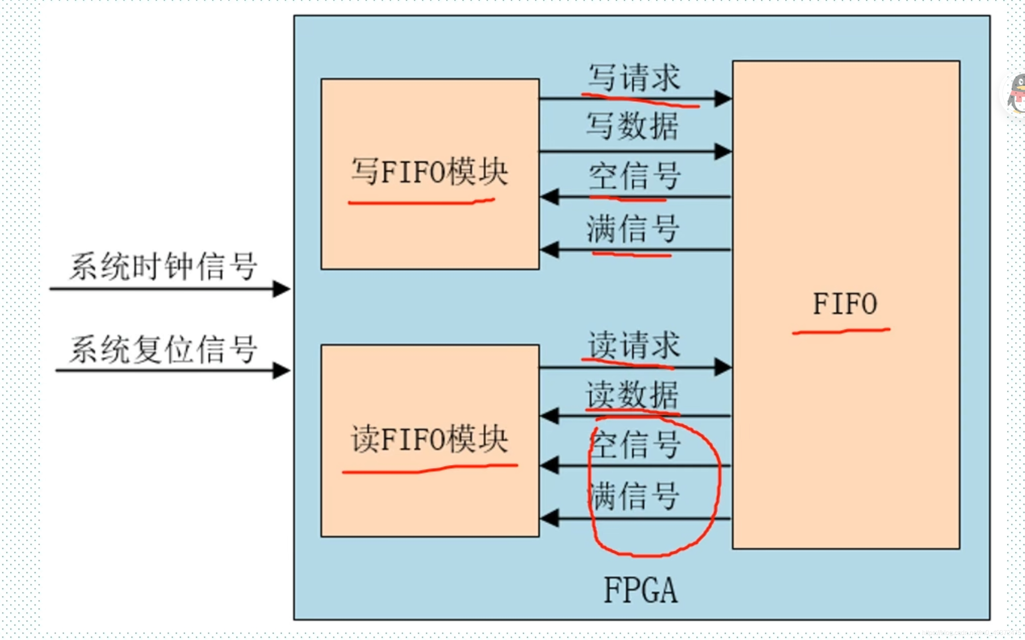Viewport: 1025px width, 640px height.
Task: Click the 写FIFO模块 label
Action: [429, 172]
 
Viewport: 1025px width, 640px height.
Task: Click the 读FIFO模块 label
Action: [429, 439]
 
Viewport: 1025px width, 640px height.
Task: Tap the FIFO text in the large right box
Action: [844, 304]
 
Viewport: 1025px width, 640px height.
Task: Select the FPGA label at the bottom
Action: [640, 590]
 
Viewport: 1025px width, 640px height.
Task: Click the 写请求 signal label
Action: [634, 78]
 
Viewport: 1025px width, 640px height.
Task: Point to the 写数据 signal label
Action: [632, 126]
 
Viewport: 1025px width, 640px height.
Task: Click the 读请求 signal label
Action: [634, 345]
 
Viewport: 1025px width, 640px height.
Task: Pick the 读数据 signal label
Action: [632, 394]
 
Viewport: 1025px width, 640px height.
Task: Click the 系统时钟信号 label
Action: [163, 266]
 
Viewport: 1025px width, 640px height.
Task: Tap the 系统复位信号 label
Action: [163, 349]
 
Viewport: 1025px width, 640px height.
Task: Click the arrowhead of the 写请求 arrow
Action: [723, 99]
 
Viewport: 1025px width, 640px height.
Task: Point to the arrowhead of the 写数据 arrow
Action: [723, 151]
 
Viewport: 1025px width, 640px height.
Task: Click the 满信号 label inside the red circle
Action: [634, 496]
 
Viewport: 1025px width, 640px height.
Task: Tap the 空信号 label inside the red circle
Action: [635, 444]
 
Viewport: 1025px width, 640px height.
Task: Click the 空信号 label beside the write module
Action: [635, 176]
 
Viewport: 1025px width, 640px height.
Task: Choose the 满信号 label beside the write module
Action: [633, 228]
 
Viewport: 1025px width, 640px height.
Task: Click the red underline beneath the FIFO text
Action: [841, 331]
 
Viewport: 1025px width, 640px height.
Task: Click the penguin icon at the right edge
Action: [1017, 93]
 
